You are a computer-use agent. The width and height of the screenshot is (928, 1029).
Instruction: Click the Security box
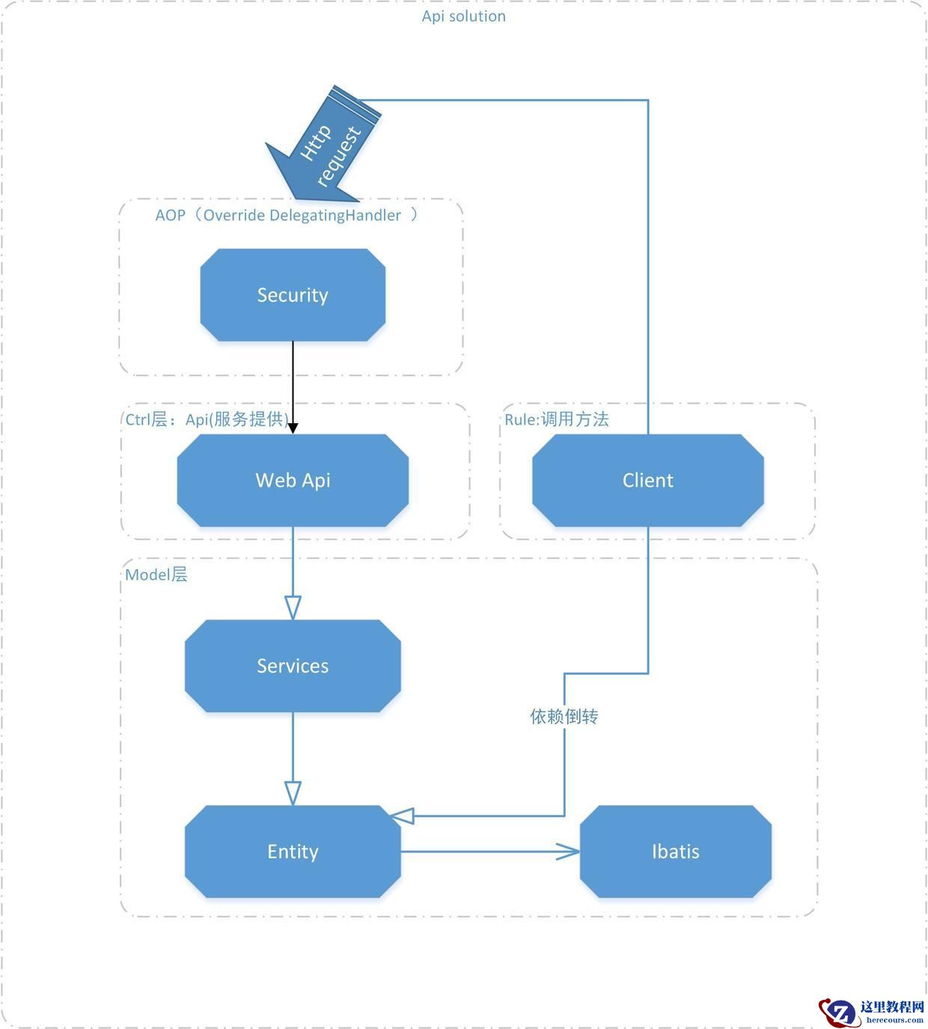293,295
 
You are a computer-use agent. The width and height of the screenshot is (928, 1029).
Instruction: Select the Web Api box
293,480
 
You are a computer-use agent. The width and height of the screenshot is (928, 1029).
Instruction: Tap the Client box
647,480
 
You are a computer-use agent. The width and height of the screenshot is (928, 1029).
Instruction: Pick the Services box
293,666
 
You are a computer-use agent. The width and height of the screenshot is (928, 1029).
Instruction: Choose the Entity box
293,852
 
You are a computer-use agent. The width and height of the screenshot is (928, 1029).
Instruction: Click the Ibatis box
675,852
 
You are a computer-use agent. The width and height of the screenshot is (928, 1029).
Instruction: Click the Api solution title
463,16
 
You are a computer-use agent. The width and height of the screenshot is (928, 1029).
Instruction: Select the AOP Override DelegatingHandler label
287,216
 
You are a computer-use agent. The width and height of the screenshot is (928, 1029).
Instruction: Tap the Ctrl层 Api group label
207,419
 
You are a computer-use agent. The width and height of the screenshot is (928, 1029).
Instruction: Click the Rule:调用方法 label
556,419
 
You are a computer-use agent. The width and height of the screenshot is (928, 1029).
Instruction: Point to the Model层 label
156,575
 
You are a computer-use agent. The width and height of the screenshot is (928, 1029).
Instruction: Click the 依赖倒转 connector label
564,717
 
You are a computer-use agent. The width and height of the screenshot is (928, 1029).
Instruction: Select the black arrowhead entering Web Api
293,428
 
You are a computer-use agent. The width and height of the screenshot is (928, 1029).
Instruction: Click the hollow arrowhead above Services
293,607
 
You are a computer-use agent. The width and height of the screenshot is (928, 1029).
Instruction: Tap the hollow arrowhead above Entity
293,792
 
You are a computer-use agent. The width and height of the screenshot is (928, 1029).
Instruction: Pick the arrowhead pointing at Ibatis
568,852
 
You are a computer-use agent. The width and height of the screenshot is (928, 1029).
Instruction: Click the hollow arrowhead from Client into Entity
403,816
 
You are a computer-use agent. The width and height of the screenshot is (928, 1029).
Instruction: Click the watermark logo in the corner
838,1012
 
